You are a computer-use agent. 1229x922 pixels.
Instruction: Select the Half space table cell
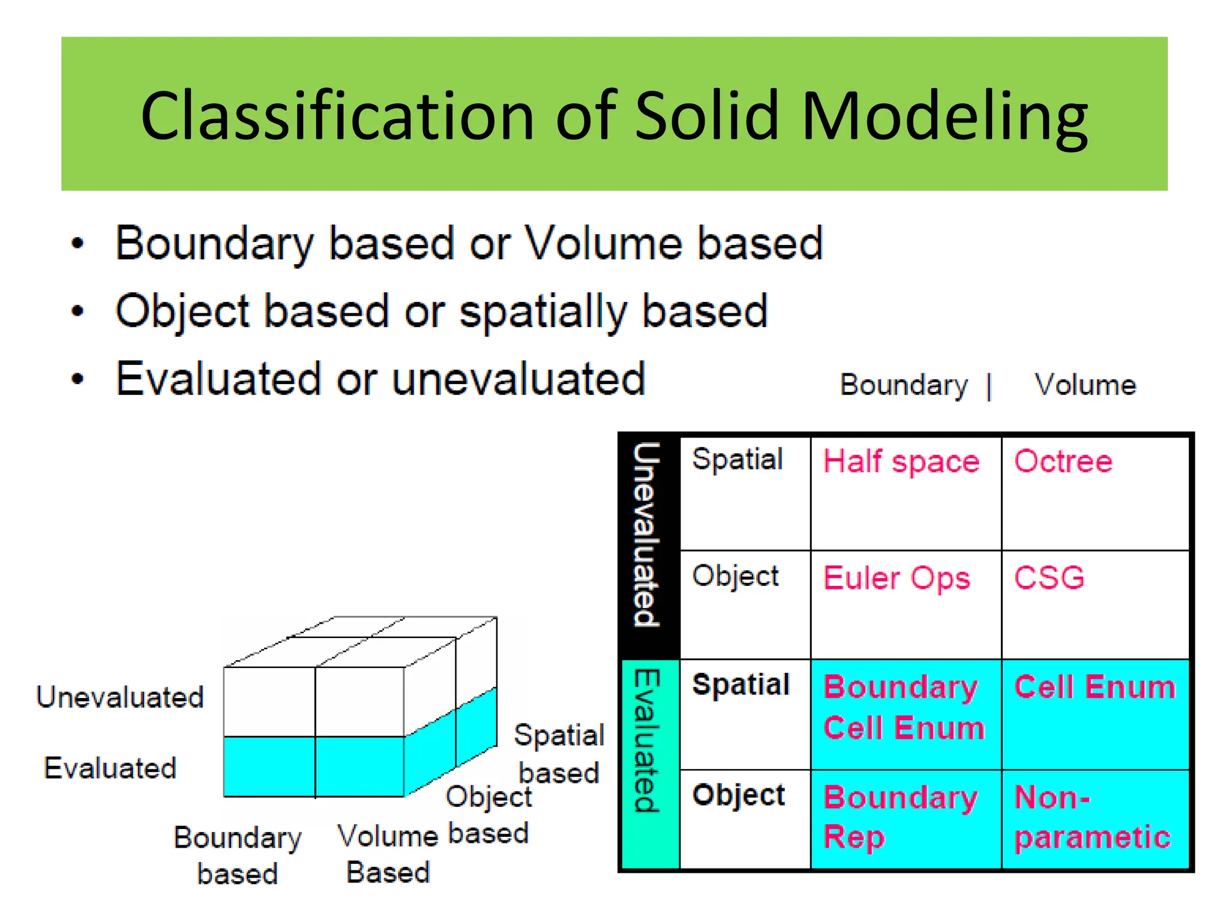pyautogui.click(x=901, y=462)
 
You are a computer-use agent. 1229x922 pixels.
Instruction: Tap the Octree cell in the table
pyautogui.click(x=1063, y=462)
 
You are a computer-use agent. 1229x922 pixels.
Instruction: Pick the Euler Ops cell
pyautogui.click(x=897, y=579)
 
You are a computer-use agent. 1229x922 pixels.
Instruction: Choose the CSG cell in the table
pyautogui.click(x=1050, y=577)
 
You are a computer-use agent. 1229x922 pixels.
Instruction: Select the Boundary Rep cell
pyautogui.click(x=900, y=816)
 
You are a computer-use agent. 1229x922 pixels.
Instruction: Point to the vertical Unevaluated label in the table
pyautogui.click(x=648, y=534)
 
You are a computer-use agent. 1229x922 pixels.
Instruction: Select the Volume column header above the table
pyautogui.click(x=1085, y=385)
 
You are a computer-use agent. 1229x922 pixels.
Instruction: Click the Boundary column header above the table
pyautogui.click(x=904, y=385)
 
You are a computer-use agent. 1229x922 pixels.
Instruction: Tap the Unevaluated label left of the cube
pyautogui.click(x=120, y=697)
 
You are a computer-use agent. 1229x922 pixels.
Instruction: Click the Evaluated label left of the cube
pyautogui.click(x=110, y=768)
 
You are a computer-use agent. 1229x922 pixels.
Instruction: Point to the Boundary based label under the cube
pyautogui.click(x=238, y=855)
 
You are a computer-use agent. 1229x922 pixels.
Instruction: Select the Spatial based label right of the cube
pyautogui.click(x=559, y=753)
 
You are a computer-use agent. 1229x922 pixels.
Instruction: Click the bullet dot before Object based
pyautogui.click(x=77, y=311)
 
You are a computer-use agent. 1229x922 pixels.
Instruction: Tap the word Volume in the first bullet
pyautogui.click(x=602, y=244)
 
